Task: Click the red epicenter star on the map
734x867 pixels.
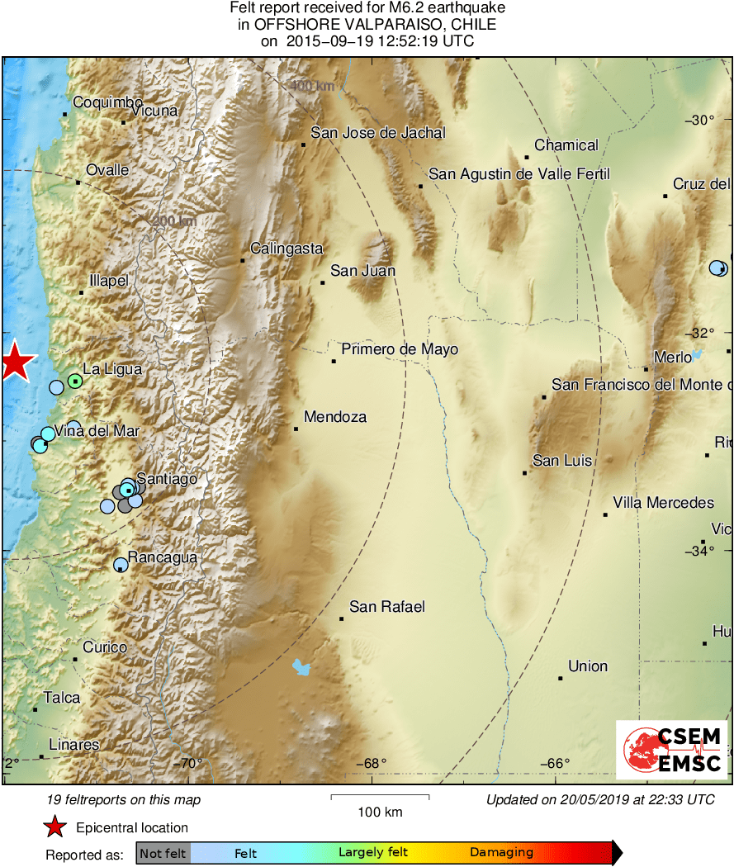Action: click(x=15, y=362)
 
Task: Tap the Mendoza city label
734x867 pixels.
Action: click(x=334, y=417)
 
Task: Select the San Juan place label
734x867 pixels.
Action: click(x=362, y=270)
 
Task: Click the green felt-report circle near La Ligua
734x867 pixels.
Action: click(x=75, y=381)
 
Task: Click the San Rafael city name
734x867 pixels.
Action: click(x=387, y=607)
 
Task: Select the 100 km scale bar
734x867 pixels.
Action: click(x=380, y=798)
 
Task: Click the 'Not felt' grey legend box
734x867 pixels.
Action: click(x=163, y=853)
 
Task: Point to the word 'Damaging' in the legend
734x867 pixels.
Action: click(x=501, y=853)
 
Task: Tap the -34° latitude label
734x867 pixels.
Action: click(x=698, y=551)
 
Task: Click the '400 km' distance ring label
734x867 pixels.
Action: click(x=311, y=86)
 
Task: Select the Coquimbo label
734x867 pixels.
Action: click(x=107, y=102)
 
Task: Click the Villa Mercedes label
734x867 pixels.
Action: click(x=663, y=503)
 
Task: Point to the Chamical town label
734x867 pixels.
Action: click(x=566, y=145)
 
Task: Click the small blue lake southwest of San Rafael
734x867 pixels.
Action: click(x=302, y=666)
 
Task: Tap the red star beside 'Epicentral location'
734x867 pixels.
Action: click(x=54, y=827)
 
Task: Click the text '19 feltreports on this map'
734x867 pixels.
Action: click(x=124, y=799)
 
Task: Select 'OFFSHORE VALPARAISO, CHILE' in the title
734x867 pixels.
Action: click(x=367, y=25)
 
